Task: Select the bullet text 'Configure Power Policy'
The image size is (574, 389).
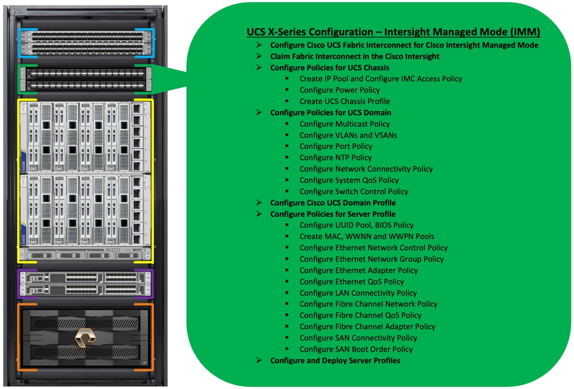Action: (x=340, y=90)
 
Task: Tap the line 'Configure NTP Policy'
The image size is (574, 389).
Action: (x=335, y=158)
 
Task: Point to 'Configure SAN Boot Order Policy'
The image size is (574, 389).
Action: (x=356, y=349)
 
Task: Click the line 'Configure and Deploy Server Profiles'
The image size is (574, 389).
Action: (x=335, y=361)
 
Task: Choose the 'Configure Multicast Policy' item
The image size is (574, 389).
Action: (x=344, y=124)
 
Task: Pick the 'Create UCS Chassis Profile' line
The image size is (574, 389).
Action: (x=344, y=102)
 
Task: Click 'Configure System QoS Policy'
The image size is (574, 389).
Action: (x=349, y=180)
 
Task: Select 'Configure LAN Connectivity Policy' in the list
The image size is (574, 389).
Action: (x=358, y=293)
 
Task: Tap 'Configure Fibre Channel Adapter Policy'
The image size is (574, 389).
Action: (x=367, y=327)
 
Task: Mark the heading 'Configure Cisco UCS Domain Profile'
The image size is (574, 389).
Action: (x=333, y=203)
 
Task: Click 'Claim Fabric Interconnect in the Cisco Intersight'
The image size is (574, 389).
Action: (x=355, y=57)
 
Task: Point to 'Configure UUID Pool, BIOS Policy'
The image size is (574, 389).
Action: (x=356, y=225)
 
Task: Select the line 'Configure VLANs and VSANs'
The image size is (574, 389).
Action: (x=348, y=135)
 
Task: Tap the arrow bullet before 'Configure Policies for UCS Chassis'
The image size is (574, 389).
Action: (x=258, y=68)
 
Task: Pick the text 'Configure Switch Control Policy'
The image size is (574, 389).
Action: (x=354, y=192)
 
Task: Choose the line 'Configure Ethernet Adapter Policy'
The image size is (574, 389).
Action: (x=358, y=271)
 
